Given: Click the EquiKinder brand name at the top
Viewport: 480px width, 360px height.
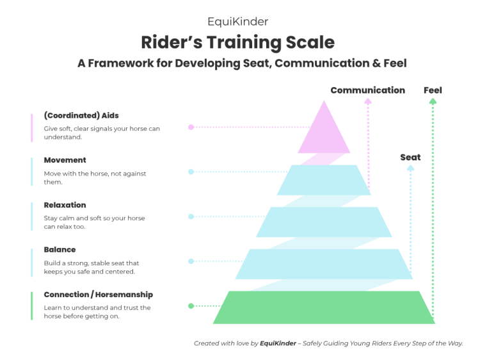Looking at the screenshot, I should coord(238,22).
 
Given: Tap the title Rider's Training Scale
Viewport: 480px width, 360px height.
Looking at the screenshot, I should coord(238,43).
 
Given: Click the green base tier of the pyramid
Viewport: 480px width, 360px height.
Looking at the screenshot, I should coord(324,307).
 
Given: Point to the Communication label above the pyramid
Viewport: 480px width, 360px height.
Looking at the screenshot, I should coord(367,90).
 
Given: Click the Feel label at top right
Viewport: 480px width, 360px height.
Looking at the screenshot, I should coord(433,90).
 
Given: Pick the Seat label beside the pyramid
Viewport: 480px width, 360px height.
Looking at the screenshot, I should coord(410,157).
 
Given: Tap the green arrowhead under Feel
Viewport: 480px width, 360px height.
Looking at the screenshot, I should coord(433,101).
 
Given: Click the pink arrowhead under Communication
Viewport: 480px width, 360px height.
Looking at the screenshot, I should coord(367,101).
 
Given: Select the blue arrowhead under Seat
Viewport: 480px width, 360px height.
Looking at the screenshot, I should coord(410,168).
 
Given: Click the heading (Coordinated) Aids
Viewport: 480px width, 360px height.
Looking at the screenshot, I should coord(81,116).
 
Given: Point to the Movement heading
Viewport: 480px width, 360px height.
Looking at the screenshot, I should coord(65,160).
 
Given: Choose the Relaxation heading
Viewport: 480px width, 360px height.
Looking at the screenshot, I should coord(65,205).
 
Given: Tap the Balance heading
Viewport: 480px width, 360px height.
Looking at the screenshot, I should coord(60,250).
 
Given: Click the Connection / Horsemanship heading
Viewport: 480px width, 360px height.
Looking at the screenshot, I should coord(98,295).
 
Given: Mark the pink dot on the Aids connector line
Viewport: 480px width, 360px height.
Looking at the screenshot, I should coord(191,127).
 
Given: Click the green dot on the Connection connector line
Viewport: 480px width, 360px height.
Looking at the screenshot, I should coord(191,306).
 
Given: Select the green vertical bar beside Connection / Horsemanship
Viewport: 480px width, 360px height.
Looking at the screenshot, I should coord(31,306).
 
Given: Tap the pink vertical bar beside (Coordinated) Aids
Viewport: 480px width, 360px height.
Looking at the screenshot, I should coord(31,127).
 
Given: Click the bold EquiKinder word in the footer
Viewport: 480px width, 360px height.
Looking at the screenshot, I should coord(277,344).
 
